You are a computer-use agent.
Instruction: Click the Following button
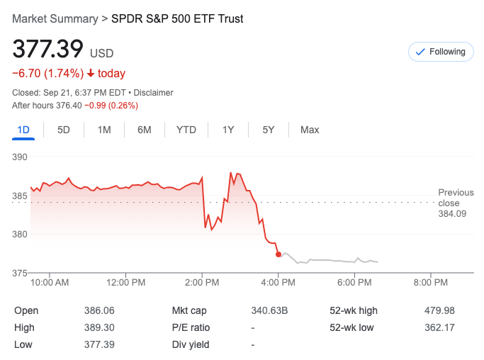(440, 52)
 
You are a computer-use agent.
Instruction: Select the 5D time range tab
(64, 130)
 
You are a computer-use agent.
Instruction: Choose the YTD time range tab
(186, 130)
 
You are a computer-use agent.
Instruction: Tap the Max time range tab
(310, 130)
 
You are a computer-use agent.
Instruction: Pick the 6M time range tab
(145, 130)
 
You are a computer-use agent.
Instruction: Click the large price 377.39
(47, 50)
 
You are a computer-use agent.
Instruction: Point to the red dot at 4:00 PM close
(278, 254)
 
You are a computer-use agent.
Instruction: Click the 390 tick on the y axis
(20, 157)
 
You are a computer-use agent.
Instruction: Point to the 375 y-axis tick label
(20, 273)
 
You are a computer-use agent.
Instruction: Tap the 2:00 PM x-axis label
(202, 283)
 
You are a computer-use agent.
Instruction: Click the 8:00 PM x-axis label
(430, 283)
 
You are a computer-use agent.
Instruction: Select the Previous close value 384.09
(452, 213)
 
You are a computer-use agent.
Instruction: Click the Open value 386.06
(99, 310)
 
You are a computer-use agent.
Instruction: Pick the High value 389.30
(99, 327)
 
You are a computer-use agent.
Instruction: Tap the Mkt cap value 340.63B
(270, 310)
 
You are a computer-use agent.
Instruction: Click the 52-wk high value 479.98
(439, 310)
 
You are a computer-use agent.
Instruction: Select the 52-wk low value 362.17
(439, 327)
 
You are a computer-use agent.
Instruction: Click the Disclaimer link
(154, 93)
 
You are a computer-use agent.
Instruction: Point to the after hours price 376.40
(69, 106)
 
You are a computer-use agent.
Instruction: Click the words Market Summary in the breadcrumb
(55, 18)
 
